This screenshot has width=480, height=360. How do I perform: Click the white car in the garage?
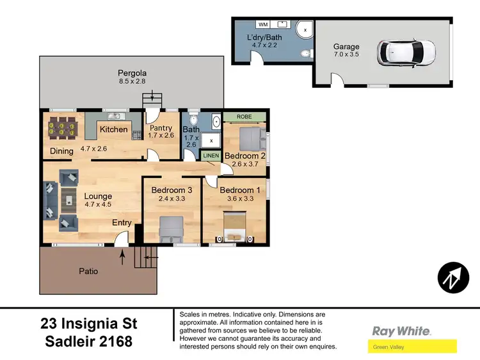click(406, 51)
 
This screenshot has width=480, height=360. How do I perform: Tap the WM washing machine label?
click(262, 24)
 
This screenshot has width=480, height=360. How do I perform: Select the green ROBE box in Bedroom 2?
click(244, 117)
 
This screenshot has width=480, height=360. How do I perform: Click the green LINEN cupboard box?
click(211, 155)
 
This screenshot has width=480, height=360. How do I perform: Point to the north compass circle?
click(453, 277)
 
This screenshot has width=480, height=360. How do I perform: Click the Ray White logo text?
click(401, 331)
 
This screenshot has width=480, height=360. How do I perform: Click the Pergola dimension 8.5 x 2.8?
click(132, 82)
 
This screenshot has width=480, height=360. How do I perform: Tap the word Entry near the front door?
click(122, 223)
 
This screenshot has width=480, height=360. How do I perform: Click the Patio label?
click(89, 271)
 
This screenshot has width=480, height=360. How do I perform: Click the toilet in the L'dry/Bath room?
click(305, 52)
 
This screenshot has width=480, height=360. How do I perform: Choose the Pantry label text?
click(161, 128)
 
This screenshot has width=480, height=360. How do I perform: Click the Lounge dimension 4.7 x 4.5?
click(98, 205)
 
